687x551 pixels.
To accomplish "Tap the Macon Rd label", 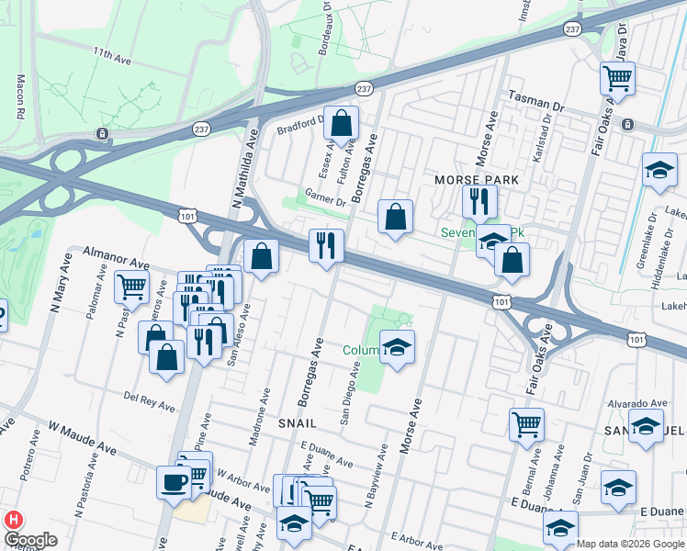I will coord(19,97).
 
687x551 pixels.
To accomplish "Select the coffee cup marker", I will coord(174,481).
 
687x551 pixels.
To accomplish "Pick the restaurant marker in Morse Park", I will coord(479,199).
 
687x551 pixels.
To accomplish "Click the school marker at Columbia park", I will coord(397,347).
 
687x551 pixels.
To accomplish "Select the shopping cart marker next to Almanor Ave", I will coord(131,287).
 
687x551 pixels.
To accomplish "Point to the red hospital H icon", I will coord(13,519).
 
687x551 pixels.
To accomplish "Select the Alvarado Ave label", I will coord(637,403).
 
